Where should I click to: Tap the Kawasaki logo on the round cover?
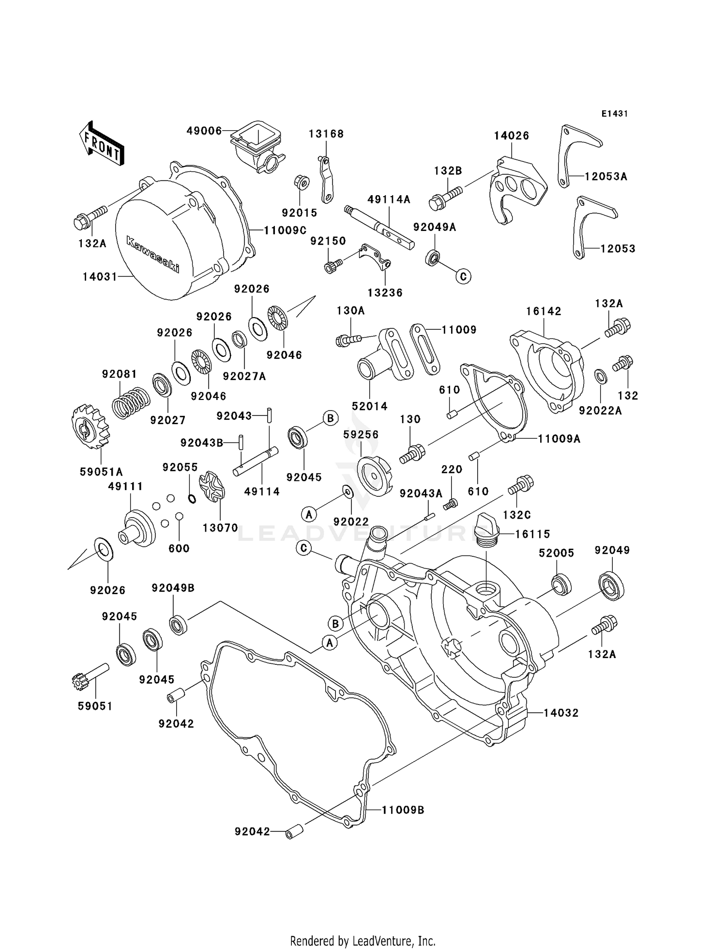click(x=152, y=254)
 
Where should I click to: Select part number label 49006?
click(x=205, y=131)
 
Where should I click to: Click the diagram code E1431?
click(x=614, y=114)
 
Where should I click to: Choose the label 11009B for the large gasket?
click(x=403, y=810)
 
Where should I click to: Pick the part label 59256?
click(x=361, y=434)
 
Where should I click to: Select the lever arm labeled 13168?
click(x=327, y=179)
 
